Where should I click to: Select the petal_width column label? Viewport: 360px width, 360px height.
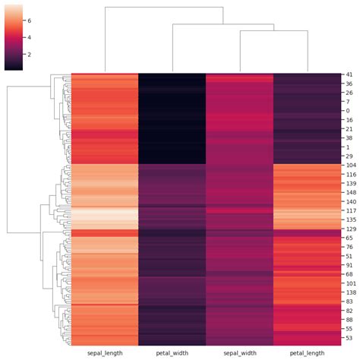172,352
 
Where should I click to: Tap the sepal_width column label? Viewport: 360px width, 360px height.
238,352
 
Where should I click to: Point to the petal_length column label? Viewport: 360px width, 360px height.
306,352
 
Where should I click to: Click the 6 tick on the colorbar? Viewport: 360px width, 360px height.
29,21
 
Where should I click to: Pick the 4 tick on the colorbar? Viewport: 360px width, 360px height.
29,38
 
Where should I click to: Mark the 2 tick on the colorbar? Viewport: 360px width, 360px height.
29,55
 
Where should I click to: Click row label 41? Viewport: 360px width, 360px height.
348,74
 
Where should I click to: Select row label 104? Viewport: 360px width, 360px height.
349,165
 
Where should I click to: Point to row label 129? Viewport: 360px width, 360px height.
349,229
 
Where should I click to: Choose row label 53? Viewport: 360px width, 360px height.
348,337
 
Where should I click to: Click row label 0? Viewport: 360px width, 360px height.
346,111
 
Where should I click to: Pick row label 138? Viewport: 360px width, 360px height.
349,292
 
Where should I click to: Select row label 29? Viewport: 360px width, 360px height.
348,156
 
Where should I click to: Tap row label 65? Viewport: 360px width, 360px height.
348,238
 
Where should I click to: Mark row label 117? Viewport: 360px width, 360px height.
349,210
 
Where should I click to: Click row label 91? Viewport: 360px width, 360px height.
348,265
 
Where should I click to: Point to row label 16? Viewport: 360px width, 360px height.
348,120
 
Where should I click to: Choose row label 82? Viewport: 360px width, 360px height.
348,310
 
